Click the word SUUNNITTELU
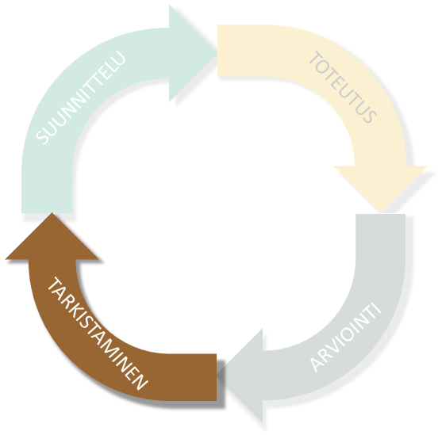coord(81,97)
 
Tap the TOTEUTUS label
coord(343,86)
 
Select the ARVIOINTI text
coord(346,337)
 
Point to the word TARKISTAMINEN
coord(98,334)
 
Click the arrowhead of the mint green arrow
coord(193,53)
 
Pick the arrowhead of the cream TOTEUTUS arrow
coord(380,189)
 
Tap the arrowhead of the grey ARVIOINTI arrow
coord(240,376)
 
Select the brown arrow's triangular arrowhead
coord(52,236)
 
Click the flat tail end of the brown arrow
coord(216,377)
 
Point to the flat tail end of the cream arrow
coord(218,51)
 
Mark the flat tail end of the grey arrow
coord(381,215)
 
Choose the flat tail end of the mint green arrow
coord(47,212)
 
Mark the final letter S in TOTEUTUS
coord(370,116)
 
